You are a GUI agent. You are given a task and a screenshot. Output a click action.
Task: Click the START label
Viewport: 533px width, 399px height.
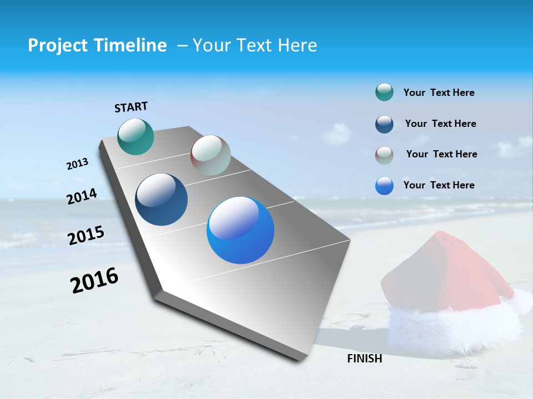pos(131,107)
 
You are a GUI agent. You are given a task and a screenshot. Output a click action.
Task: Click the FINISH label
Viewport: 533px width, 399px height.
pos(364,359)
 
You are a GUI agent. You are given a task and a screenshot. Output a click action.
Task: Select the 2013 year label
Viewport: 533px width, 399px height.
pos(77,164)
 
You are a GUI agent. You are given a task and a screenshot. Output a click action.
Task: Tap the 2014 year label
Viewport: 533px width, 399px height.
pos(82,196)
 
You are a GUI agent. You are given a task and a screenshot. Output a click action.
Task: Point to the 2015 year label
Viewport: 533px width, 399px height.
pos(86,235)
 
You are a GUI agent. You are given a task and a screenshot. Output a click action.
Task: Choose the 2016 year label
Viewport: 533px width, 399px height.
pos(94,280)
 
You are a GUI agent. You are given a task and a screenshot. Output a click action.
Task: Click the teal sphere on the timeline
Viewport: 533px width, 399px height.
pos(135,136)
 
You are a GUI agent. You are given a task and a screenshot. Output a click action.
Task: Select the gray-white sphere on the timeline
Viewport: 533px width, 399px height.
pos(210,155)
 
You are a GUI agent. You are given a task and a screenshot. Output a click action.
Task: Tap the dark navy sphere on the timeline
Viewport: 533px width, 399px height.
pos(161,199)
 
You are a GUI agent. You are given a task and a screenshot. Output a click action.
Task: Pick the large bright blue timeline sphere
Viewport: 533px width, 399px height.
pos(240,230)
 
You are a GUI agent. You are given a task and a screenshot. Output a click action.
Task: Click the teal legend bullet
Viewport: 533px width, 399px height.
pos(384,93)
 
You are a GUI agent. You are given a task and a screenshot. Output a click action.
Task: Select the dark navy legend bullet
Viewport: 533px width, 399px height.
pos(384,124)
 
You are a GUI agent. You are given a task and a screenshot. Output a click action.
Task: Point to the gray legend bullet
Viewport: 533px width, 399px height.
pos(384,155)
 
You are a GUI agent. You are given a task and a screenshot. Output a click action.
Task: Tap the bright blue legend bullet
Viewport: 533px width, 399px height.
pos(384,186)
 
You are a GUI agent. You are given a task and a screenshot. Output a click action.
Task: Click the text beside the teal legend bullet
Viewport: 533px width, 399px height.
pos(439,93)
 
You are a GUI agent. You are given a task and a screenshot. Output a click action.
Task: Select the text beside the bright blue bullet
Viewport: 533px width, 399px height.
pos(439,185)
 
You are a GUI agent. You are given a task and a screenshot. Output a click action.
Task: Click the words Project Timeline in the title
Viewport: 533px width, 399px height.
pos(97,45)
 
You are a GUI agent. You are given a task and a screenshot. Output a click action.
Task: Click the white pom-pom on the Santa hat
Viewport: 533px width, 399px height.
pos(521,301)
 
